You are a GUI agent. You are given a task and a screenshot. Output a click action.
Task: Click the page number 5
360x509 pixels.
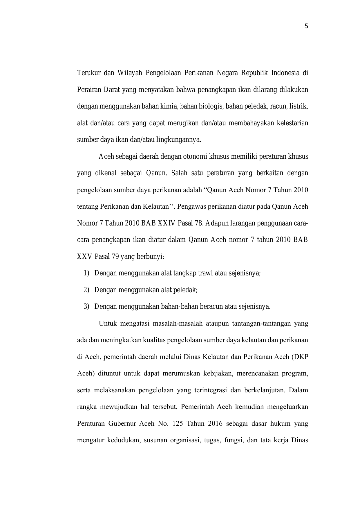306,26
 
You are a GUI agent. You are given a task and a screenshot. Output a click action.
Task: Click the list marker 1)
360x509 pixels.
86,273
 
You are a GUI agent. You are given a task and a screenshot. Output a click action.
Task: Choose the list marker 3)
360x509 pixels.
86,307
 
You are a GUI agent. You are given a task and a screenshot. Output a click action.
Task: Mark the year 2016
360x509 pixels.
215,423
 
